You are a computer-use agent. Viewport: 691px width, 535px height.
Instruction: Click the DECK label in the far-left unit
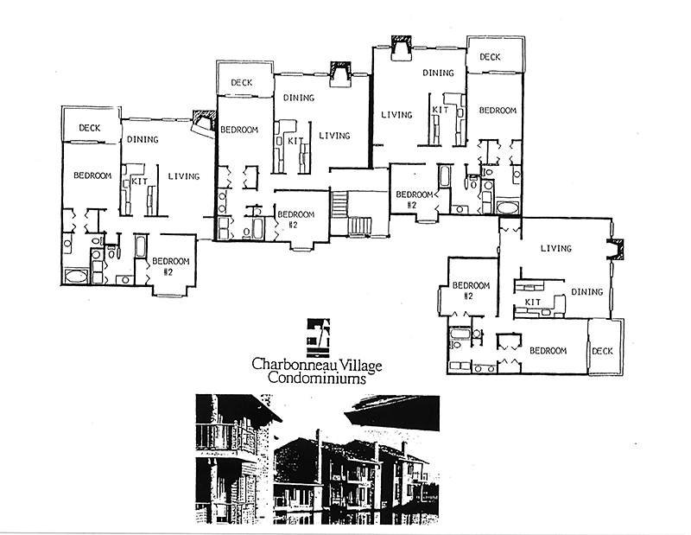[90, 128]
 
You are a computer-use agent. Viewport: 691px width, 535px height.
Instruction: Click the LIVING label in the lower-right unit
[555, 249]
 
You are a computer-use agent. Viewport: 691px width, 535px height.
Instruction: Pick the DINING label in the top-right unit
[439, 73]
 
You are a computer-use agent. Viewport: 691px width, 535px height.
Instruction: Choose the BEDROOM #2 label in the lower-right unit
[471, 290]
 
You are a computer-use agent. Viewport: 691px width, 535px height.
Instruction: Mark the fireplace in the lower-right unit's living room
[615, 250]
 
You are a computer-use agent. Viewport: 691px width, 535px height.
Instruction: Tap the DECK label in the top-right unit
[490, 57]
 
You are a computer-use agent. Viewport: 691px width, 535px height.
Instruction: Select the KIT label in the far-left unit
[136, 183]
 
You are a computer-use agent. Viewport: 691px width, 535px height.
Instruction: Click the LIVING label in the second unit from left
[334, 136]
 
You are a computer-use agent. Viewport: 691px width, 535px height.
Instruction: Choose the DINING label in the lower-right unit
[586, 292]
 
